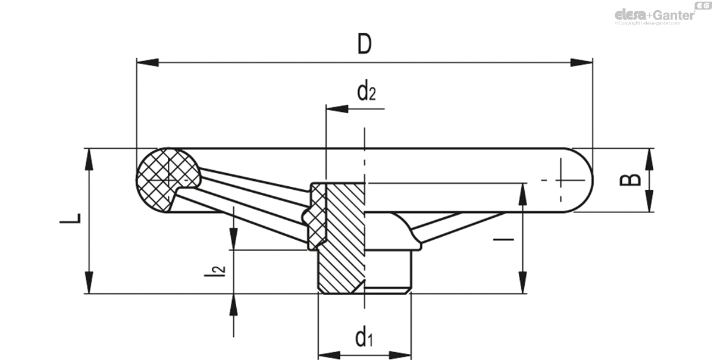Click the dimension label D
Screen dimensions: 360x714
tap(364, 45)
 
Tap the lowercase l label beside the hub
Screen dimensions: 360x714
tap(504, 239)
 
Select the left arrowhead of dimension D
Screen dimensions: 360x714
tap(146, 62)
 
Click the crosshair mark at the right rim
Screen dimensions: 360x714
tap(560, 179)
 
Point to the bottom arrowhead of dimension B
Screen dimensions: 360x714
tap(648, 202)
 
